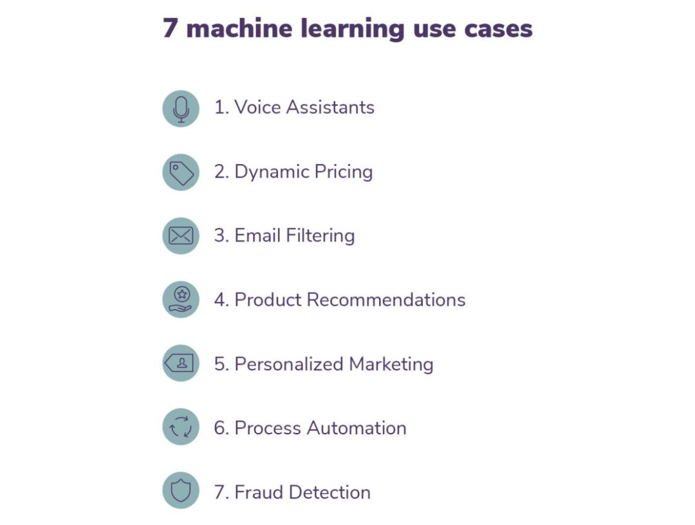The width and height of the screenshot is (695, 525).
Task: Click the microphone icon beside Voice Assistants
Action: point(181,108)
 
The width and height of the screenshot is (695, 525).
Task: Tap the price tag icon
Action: point(181,172)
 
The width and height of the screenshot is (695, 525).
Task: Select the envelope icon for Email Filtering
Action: point(181,236)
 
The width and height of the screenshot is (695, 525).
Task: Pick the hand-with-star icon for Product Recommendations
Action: point(181,300)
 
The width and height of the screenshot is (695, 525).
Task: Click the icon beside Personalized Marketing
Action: point(181,364)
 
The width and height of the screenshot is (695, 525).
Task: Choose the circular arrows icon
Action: point(181,427)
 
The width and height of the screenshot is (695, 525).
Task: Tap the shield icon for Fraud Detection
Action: point(181,491)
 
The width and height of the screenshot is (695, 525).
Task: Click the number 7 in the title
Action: point(169,28)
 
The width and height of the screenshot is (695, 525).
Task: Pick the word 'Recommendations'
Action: point(385,299)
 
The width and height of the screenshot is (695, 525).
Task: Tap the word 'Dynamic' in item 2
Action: point(270,172)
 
